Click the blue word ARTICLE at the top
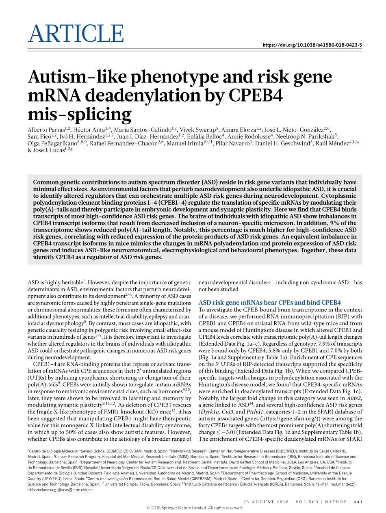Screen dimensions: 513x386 pyautogui.click(x=76, y=33)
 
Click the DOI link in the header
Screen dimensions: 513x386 pyautogui.click(x=312, y=45)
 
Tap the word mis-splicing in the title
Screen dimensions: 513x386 pyautogui.click(x=79, y=115)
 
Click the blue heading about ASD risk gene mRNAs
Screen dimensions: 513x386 pyautogui.click(x=269, y=303)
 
